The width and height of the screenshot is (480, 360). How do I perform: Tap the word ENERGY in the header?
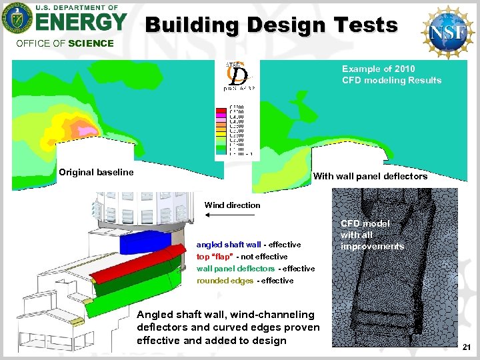point(81,23)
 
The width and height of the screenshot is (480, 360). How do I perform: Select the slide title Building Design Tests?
point(271,25)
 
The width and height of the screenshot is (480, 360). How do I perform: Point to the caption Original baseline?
point(96,172)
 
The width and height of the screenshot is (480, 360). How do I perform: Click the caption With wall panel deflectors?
point(370,177)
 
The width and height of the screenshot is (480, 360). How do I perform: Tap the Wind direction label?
point(232,205)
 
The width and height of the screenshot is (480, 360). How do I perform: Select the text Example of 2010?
point(378,69)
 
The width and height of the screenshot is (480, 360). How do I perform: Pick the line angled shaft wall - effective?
point(248,245)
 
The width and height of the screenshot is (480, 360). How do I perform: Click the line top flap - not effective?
point(241,257)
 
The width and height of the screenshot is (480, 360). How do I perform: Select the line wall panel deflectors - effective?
point(255,269)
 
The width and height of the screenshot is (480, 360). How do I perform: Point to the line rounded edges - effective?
point(245,281)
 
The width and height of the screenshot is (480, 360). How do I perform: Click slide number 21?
point(467,347)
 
